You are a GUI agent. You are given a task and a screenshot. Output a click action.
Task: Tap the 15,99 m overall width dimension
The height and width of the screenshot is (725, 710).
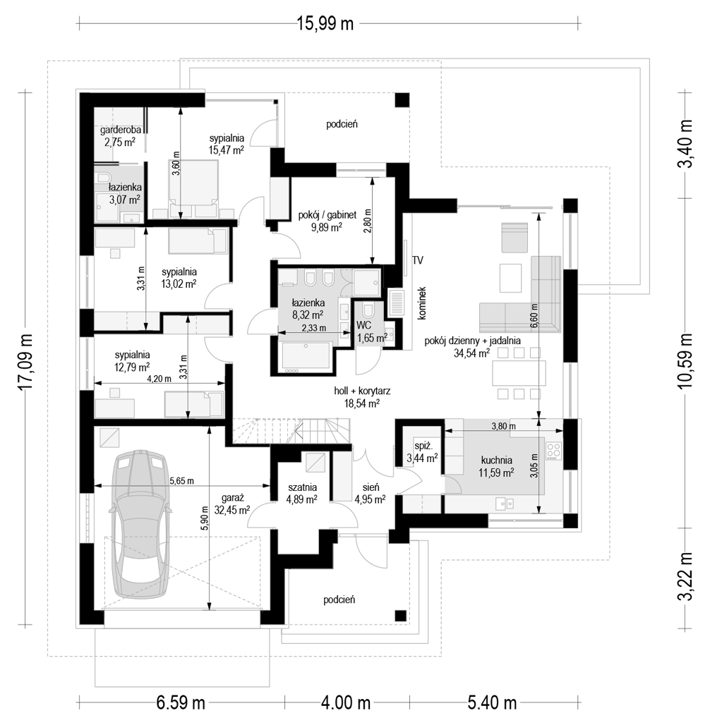[325, 23]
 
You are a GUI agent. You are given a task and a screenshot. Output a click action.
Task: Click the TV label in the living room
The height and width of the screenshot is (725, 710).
[418, 260]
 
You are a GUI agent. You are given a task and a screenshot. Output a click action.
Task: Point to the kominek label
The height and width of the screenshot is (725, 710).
[421, 303]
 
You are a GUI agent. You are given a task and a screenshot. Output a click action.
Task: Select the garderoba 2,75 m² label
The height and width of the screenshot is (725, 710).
[121, 136]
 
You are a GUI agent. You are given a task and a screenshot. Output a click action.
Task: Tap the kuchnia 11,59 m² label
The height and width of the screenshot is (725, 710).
[497, 467]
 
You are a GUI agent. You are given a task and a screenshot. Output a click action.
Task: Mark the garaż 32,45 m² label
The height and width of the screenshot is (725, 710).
[233, 504]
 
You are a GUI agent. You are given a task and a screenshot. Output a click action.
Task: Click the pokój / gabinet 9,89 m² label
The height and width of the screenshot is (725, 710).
[327, 220]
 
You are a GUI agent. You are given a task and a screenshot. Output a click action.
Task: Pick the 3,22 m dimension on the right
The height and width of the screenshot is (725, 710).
[686, 576]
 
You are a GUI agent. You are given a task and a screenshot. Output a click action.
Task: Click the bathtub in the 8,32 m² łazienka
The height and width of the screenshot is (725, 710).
[305, 357]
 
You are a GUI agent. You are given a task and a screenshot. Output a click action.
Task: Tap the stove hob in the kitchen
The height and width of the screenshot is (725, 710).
[554, 451]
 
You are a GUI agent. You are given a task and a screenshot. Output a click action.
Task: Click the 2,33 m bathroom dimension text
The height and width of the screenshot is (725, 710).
[313, 328]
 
